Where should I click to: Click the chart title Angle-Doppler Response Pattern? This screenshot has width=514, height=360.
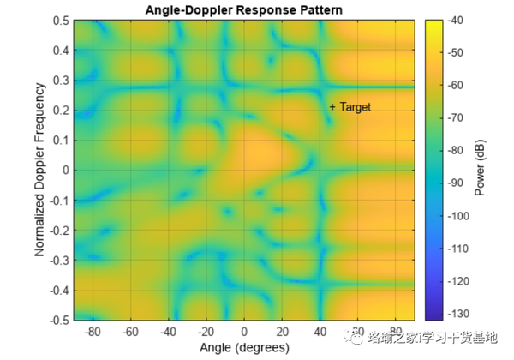(246, 9)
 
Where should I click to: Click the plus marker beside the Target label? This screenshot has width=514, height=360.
(332, 107)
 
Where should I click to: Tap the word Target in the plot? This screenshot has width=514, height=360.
(356, 107)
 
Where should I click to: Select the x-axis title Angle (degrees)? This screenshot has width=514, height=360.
(244, 347)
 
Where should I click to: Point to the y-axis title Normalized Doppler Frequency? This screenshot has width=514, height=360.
(39, 169)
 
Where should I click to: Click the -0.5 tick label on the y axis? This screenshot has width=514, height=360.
(58, 320)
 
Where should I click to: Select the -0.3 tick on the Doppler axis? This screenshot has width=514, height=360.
(58, 260)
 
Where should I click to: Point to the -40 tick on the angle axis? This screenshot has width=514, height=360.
(168, 331)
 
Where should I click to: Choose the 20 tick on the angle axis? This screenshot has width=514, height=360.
(282, 331)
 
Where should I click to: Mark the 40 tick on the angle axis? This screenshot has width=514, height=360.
(320, 331)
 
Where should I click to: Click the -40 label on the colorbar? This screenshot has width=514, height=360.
(453, 21)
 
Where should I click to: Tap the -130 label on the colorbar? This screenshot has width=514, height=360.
(456, 315)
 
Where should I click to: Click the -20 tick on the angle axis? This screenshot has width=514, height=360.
(206, 331)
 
